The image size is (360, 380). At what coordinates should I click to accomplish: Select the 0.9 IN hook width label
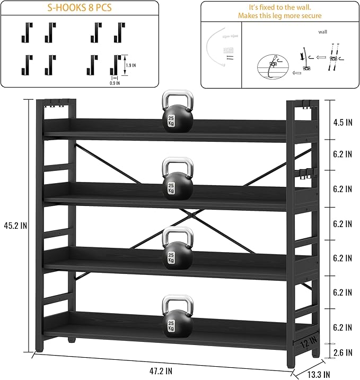[114, 83]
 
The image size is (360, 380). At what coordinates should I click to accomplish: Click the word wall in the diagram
[322, 32]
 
